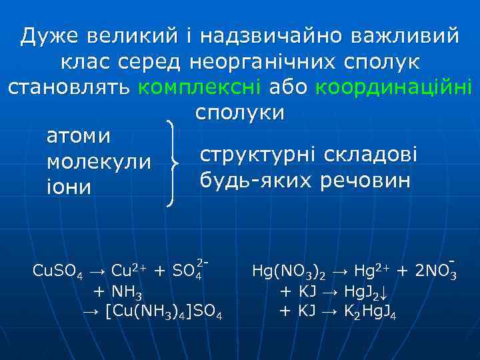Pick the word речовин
(x=368, y=180)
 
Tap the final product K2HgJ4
(x=369, y=311)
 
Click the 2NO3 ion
(x=436, y=271)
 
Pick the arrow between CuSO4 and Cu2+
(x=97, y=271)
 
